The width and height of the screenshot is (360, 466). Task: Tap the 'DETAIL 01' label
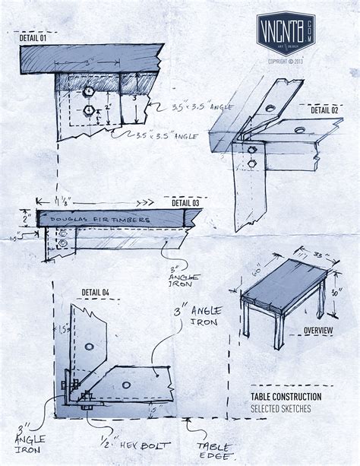coord(33,37)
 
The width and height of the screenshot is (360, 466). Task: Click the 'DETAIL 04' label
coord(95,292)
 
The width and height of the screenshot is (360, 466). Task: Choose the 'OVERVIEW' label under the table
coord(317,331)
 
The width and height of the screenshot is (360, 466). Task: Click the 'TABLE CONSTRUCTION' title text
coord(286,396)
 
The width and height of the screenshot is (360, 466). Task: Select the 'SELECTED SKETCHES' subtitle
coord(280,408)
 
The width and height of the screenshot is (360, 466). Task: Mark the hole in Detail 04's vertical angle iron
coord(90,347)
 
